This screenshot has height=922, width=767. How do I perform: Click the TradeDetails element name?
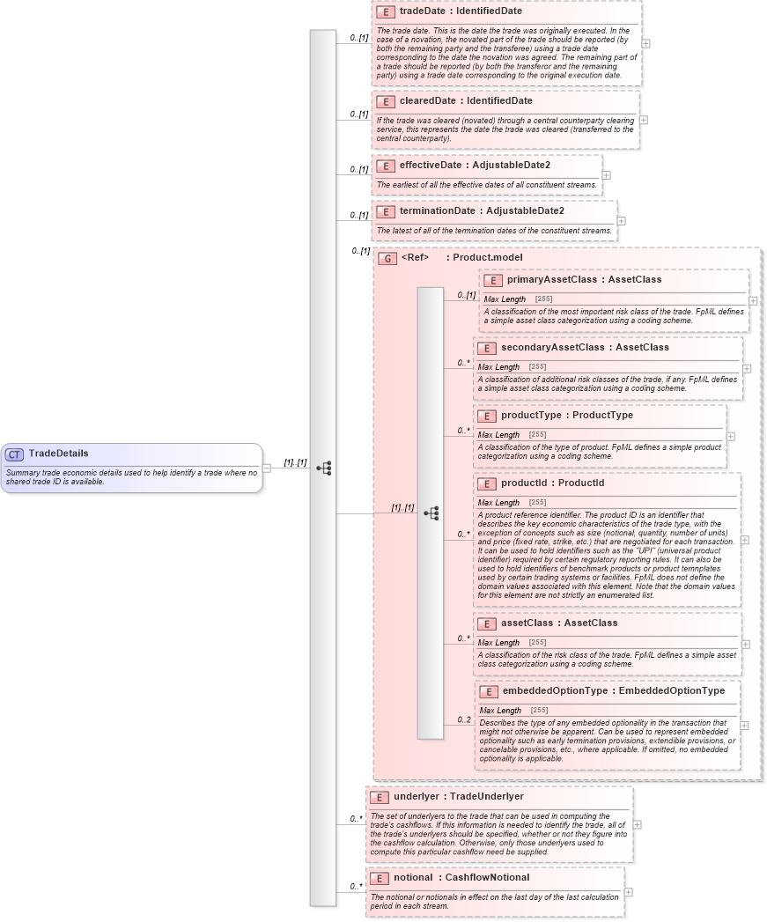point(58,454)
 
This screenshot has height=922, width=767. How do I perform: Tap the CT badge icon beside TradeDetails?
point(14,454)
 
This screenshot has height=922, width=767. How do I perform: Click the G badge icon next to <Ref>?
point(387,259)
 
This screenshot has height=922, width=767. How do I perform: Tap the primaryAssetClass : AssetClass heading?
point(584,280)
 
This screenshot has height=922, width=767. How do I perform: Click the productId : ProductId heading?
point(552,483)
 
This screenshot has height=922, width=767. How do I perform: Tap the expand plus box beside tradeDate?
point(646,42)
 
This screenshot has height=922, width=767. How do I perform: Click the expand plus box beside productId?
point(745,540)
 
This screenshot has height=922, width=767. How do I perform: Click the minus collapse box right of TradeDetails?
point(267,468)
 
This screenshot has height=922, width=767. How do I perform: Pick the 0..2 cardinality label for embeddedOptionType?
point(464,720)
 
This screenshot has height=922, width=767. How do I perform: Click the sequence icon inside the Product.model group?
point(431,513)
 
